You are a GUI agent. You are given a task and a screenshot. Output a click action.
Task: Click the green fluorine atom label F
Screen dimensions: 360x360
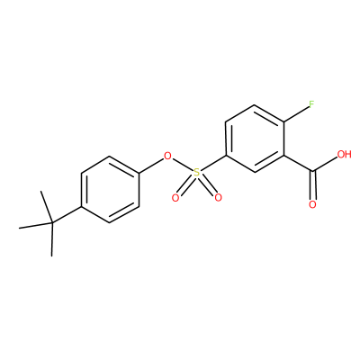pyautogui.click(x=311, y=104)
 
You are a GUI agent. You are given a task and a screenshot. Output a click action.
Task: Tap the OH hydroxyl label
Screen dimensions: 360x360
pyautogui.click(x=344, y=155)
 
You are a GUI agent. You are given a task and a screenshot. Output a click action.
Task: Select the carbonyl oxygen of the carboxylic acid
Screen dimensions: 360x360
pyautogui.click(x=312, y=205)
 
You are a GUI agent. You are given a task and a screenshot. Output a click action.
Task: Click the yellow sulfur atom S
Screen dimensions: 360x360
pyautogui.click(x=196, y=172)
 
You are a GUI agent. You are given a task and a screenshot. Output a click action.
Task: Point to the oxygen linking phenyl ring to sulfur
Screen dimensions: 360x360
pyautogui.click(x=167, y=156)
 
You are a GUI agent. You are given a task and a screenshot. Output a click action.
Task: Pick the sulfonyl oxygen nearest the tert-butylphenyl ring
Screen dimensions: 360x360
pyautogui.click(x=175, y=197)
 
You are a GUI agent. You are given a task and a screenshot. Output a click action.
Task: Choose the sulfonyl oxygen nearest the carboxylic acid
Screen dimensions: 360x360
pyautogui.click(x=218, y=197)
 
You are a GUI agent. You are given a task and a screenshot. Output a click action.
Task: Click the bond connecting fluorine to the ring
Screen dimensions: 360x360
pyautogui.click(x=296, y=114)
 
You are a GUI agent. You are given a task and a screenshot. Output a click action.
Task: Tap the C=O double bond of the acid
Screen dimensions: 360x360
pyautogui.click(x=313, y=185)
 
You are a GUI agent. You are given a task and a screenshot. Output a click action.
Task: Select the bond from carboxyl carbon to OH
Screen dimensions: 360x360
pyautogui.click(x=325, y=165)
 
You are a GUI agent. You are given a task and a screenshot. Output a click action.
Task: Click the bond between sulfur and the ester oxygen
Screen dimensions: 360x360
pyautogui.click(x=182, y=164)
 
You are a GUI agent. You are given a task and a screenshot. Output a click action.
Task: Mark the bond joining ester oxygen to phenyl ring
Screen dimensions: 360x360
pyautogui.click(x=151, y=165)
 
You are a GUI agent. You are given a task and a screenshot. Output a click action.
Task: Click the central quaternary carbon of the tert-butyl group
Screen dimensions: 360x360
pyautogui.click(x=52, y=222)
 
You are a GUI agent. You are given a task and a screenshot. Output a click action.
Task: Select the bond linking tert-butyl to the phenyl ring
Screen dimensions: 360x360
pyautogui.click(x=67, y=214)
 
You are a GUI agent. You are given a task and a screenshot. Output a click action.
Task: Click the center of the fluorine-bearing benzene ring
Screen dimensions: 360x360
pyautogui.click(x=255, y=139)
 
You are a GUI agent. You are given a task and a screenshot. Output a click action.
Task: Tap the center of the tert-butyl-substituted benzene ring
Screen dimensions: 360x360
pyautogui.click(x=110, y=189)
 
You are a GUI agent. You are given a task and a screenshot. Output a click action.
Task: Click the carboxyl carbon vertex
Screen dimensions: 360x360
pyautogui.click(x=313, y=172)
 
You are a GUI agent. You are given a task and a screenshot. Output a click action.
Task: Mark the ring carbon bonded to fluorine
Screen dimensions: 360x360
pyautogui.click(x=283, y=121)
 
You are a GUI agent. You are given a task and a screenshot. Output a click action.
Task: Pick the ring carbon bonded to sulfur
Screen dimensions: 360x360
pyautogui.click(x=226, y=156)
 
